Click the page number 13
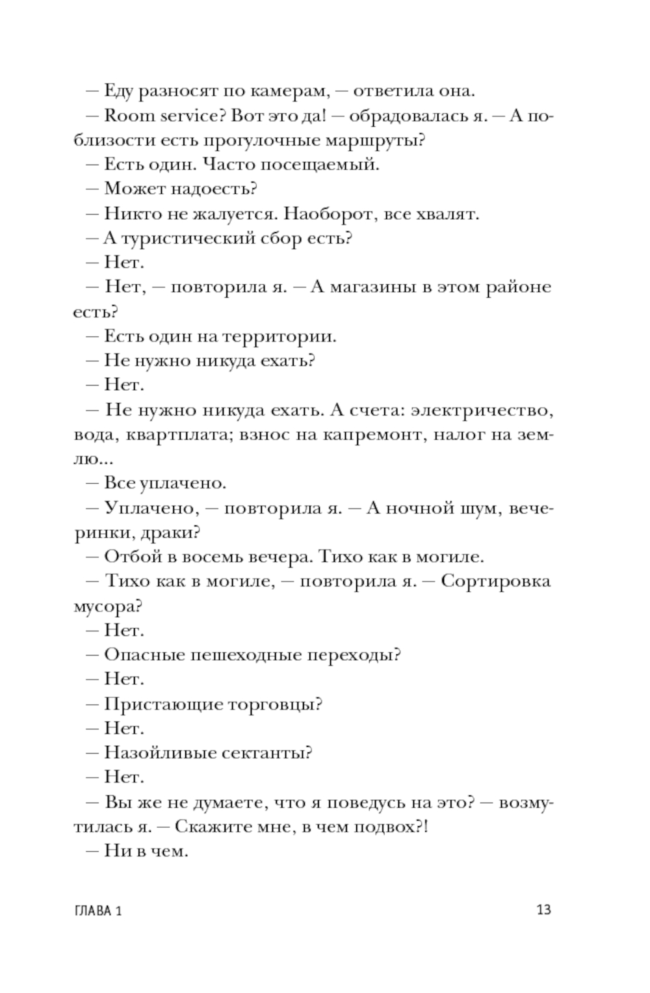pyautogui.click(x=544, y=909)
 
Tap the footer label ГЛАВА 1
pyautogui.click(x=98, y=910)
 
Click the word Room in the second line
pyautogui.click(x=128, y=116)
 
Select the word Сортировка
pyautogui.click(x=495, y=581)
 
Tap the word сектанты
pyautogui.click(x=268, y=753)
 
